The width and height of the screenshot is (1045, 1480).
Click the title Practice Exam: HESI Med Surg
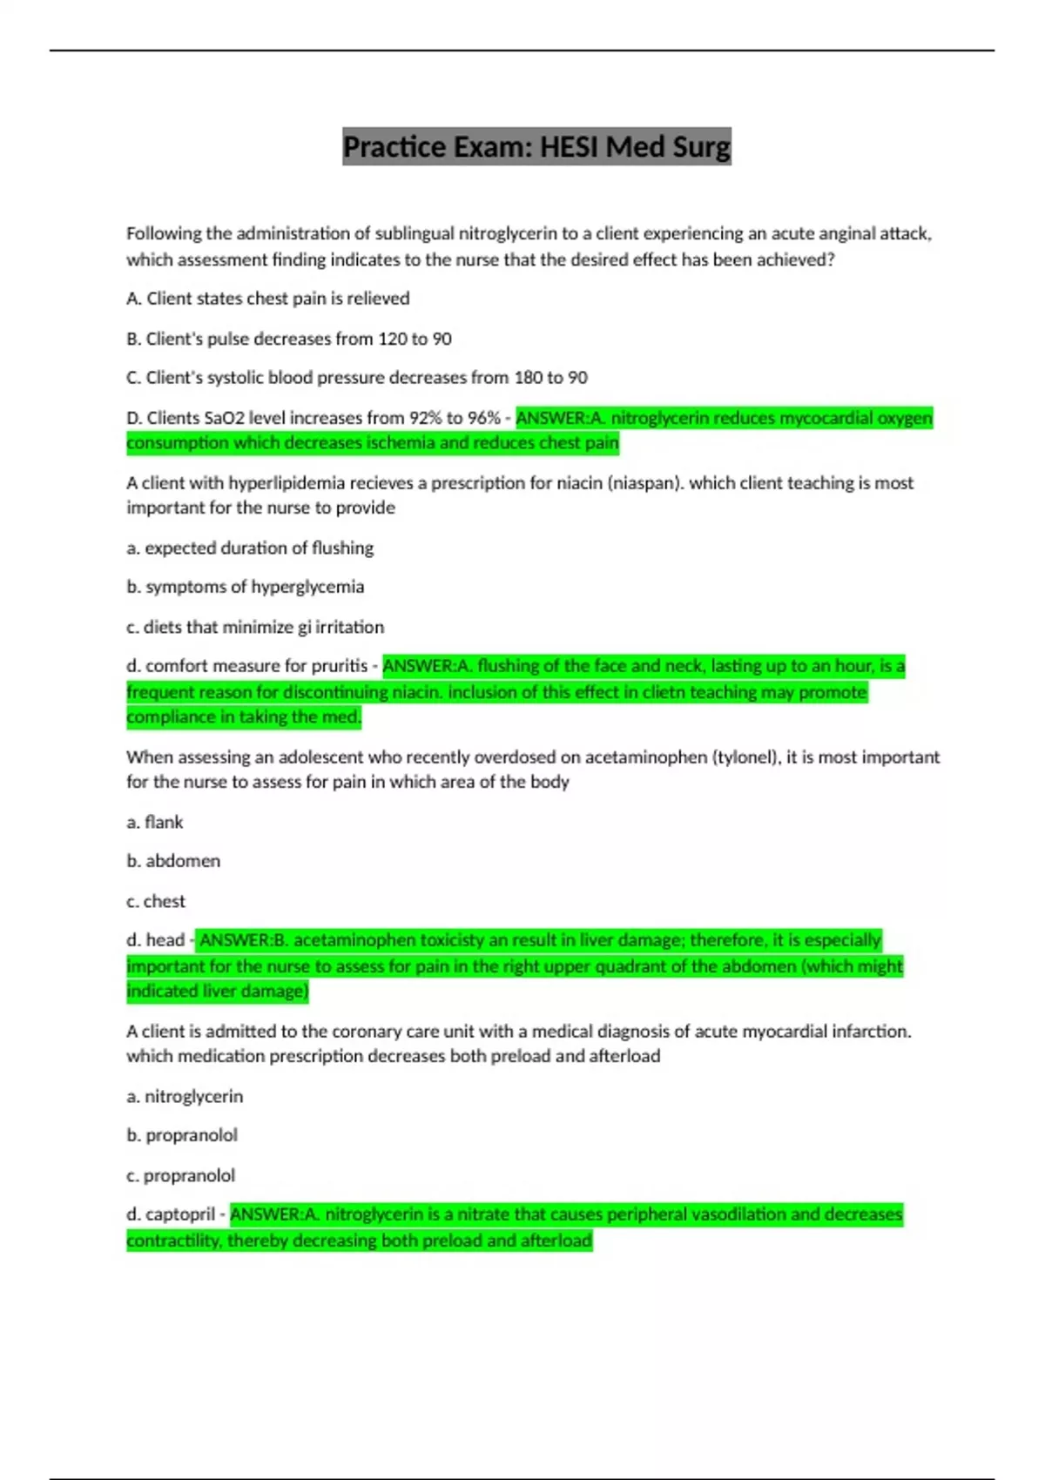point(536,146)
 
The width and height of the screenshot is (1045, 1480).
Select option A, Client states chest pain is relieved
point(268,299)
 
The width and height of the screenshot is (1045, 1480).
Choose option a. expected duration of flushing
point(250,548)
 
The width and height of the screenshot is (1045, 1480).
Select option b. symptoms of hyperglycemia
point(246,587)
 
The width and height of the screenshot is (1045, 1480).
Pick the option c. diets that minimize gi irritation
point(255,627)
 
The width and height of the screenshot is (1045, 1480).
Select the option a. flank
point(155,822)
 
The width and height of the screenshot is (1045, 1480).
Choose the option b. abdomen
point(173,861)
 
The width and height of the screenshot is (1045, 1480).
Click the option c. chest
point(156,901)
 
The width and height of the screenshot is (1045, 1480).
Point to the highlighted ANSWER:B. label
point(243,940)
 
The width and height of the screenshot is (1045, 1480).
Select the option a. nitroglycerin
point(185,1096)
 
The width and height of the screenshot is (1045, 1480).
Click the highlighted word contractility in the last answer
point(173,1241)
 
